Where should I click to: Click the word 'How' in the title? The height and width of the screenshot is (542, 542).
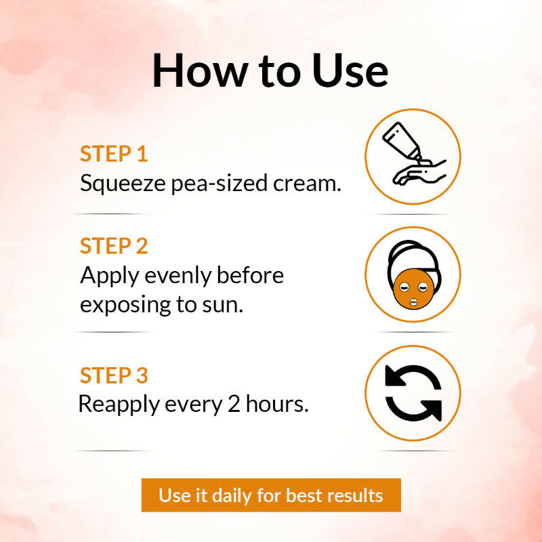[x=198, y=71]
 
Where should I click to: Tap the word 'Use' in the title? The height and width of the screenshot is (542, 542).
[x=350, y=71]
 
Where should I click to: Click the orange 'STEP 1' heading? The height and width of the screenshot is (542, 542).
[x=114, y=154]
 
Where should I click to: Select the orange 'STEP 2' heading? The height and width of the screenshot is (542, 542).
[x=114, y=246]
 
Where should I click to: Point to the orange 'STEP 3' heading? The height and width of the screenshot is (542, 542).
[x=114, y=375]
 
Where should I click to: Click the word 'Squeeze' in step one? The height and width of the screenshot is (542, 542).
[x=123, y=184]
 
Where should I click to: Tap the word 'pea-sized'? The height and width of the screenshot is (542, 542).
[x=220, y=184]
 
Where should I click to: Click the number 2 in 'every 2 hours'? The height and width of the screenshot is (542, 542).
[x=234, y=404]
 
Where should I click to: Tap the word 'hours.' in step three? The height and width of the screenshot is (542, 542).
[x=277, y=403]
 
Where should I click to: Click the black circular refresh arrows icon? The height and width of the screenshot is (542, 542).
[x=413, y=393]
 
